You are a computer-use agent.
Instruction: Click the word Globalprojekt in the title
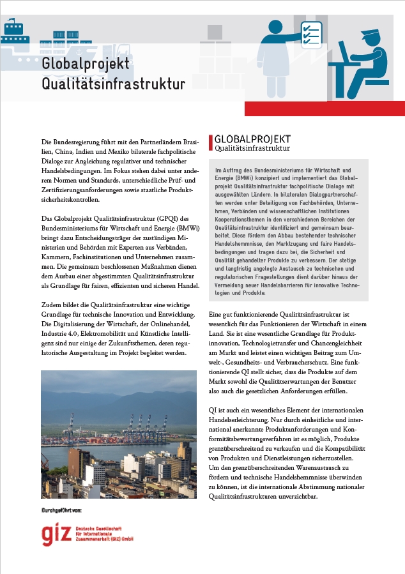click(86, 64)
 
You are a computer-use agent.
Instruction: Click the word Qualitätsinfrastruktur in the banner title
click(113, 84)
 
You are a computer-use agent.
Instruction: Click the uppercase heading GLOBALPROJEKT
click(252, 139)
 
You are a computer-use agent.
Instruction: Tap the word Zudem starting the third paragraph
click(52, 303)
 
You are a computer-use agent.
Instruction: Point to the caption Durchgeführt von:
click(62, 511)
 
